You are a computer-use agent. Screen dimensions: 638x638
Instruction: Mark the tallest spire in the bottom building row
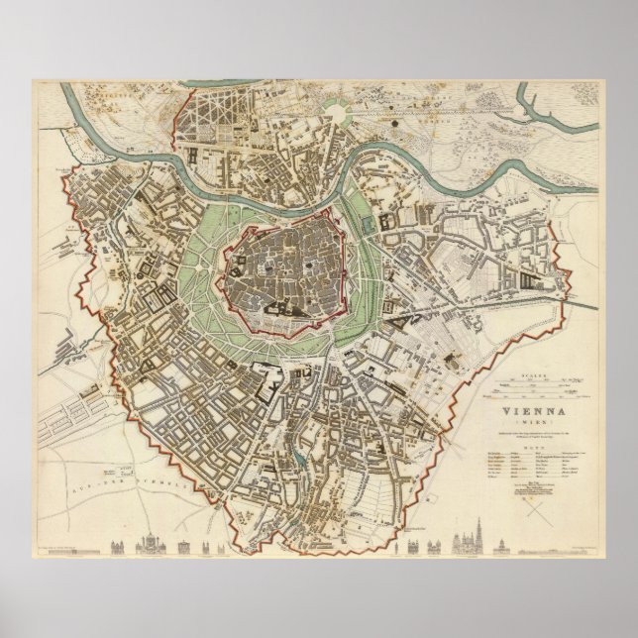(464, 538)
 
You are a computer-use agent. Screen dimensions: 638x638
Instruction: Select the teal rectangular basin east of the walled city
(369, 226)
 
